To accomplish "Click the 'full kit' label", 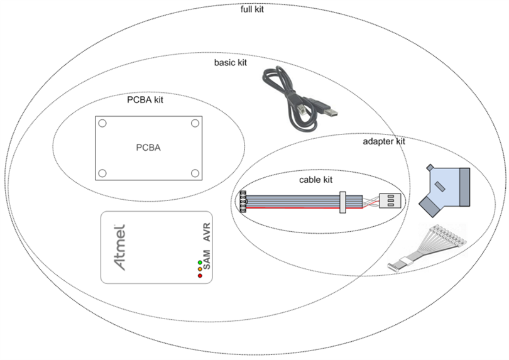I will tap(253, 9).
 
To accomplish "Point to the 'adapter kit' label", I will tap(384, 141).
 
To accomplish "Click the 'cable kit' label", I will tap(315, 180).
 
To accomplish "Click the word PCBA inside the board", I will tap(148, 148).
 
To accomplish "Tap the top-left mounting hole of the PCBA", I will tap(102, 124).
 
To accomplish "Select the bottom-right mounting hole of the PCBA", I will tap(195, 173).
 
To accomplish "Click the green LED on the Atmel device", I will tap(200, 262).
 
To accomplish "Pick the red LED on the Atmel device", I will tap(200, 276).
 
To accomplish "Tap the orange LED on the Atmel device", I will tap(200, 269).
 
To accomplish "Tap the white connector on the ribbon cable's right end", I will tap(390, 201).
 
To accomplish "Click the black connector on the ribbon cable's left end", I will tap(243, 201).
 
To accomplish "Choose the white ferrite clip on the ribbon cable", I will tap(342, 202).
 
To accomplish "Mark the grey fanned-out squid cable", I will tap(427, 248).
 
